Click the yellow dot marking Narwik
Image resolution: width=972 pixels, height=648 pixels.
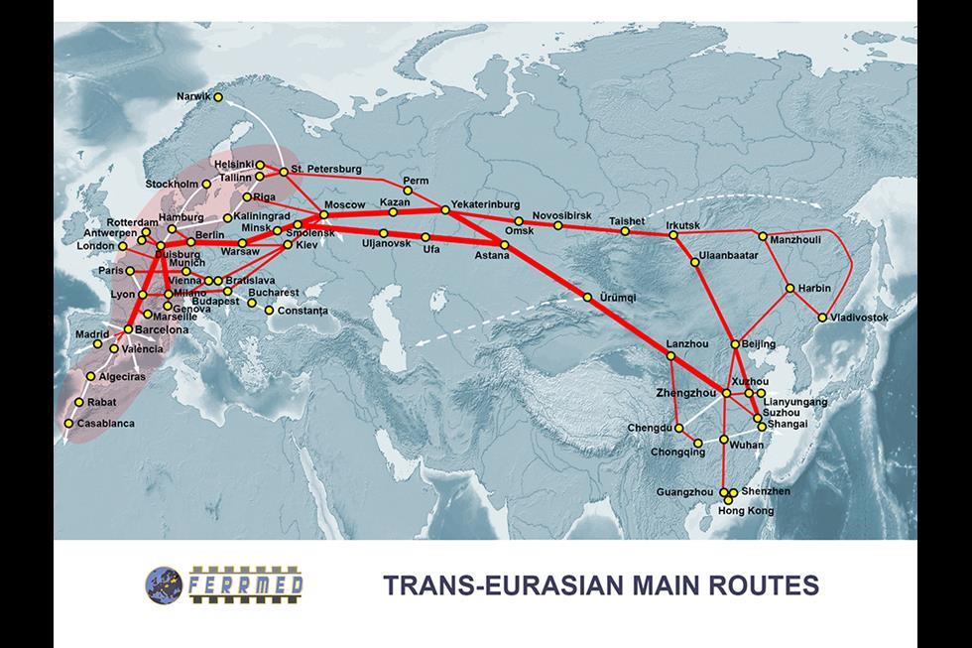(218, 97)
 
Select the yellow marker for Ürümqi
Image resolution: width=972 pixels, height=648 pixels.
(588, 297)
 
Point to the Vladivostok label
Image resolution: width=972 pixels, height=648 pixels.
(860, 318)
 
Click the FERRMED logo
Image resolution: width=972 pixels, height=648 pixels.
(224, 583)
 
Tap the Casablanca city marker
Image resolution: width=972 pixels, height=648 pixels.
(68, 424)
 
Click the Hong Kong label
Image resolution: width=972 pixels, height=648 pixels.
(747, 510)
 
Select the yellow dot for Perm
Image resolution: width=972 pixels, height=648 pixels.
(409, 191)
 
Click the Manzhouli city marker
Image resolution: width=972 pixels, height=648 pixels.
(763, 236)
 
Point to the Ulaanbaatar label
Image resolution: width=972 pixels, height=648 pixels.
(729, 256)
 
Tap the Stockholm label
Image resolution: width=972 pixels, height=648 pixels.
(172, 184)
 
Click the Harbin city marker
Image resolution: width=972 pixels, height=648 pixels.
(790, 289)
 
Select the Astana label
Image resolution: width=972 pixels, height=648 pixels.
(492, 256)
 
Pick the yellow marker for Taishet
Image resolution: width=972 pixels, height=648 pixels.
(626, 231)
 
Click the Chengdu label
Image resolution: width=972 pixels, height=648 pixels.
(650, 429)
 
